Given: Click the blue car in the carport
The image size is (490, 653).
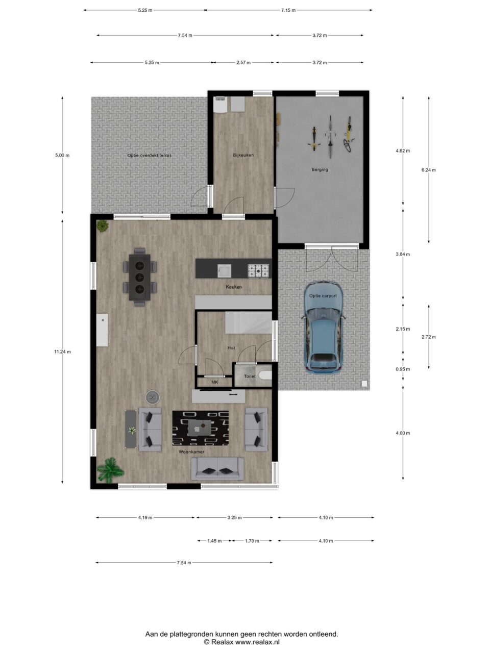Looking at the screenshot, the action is [x=324, y=327].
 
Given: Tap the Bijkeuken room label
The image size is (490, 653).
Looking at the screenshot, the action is [x=243, y=155].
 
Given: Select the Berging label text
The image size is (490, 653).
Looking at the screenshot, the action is [x=320, y=169].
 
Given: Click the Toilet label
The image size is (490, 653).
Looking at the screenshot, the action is [x=250, y=376].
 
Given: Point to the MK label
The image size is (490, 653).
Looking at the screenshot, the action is [x=214, y=382].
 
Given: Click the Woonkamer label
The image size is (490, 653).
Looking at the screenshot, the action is [x=191, y=452].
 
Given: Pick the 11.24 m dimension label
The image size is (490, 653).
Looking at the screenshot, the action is [x=62, y=351].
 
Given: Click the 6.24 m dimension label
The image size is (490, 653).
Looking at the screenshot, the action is [x=428, y=170].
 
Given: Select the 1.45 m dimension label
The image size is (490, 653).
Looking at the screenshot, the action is [x=214, y=541].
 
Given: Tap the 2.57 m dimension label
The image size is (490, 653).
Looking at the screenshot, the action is [x=243, y=62].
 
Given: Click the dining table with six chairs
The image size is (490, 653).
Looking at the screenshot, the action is [x=139, y=277].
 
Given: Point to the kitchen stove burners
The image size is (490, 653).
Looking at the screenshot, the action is [x=259, y=271].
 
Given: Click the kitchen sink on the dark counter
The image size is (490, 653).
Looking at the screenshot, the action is [x=224, y=271].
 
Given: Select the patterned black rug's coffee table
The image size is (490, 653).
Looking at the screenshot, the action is [x=200, y=428].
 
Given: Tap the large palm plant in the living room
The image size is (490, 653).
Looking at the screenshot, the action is [x=110, y=470].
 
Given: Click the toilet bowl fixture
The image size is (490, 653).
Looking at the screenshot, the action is [x=265, y=376].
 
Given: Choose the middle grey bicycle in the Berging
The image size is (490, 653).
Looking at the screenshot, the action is [x=330, y=137].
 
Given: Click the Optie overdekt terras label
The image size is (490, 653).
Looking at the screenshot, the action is [x=150, y=155].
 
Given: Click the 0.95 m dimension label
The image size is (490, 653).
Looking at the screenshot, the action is [x=403, y=369].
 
